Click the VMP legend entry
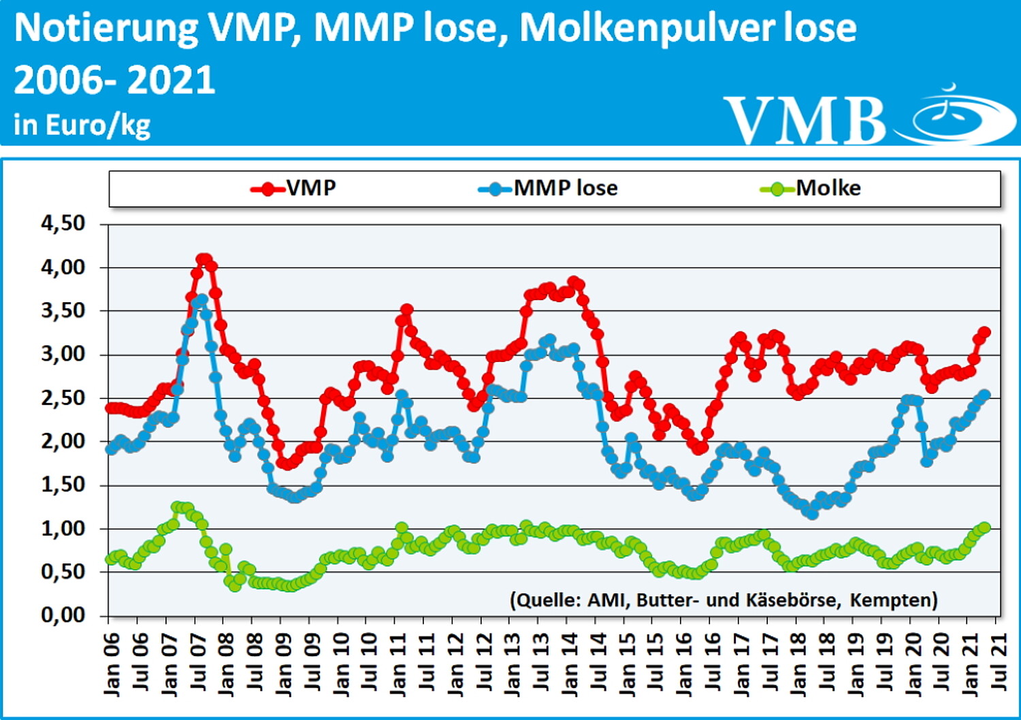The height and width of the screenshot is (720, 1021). click(294, 188)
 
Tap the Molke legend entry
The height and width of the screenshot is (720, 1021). click(811, 188)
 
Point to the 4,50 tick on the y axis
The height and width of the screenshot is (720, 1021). click(63, 223)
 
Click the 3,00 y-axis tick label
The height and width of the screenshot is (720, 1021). click(63, 354)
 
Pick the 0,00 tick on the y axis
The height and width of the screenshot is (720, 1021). click(63, 615)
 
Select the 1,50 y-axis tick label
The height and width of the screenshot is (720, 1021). click(63, 485)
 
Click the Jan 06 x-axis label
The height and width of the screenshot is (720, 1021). click(111, 664)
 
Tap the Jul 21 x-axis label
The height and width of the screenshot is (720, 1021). click(999, 664)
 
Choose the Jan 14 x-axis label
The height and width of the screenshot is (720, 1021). click(569, 664)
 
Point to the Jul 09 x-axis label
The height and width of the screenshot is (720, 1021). click(312, 664)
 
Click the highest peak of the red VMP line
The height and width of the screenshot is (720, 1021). click(204, 259)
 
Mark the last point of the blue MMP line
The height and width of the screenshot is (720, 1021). click(984, 395)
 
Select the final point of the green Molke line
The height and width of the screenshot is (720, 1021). click(984, 527)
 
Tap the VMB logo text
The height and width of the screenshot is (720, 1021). click(805, 120)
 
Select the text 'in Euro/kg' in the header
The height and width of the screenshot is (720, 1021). click(82, 125)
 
